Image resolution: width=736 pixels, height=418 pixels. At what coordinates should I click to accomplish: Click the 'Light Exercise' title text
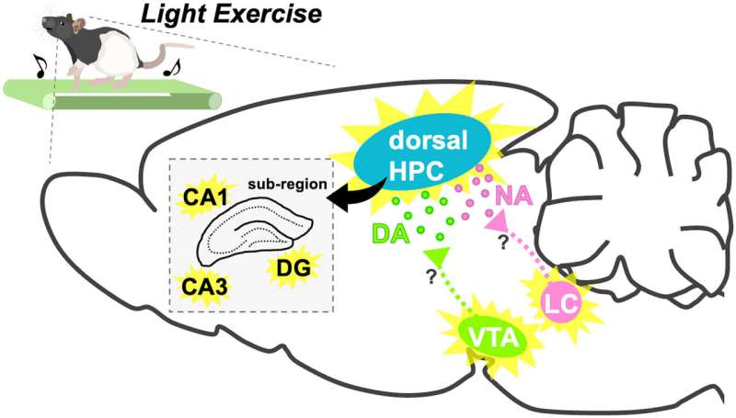[232, 15]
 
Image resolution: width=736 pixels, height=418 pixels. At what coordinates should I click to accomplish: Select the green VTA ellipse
[494, 337]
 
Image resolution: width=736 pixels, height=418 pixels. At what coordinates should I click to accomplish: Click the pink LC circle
[562, 303]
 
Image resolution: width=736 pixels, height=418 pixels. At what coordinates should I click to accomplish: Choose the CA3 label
[204, 287]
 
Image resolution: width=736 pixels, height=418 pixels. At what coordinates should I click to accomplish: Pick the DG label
[293, 268]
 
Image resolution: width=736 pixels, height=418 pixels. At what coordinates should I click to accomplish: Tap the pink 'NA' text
[513, 196]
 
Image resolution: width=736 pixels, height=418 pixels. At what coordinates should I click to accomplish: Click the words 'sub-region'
[287, 184]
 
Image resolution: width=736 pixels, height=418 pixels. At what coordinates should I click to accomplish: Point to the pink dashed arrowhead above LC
[496, 220]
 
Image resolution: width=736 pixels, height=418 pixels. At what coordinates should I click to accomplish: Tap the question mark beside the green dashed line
[431, 277]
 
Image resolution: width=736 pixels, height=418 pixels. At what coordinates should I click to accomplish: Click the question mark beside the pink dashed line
[503, 243]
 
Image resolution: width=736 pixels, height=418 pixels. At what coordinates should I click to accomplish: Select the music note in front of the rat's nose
[40, 65]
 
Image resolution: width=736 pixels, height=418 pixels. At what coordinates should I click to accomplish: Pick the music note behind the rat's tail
[172, 68]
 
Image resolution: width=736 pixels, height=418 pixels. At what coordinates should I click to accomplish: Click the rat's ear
[78, 24]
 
